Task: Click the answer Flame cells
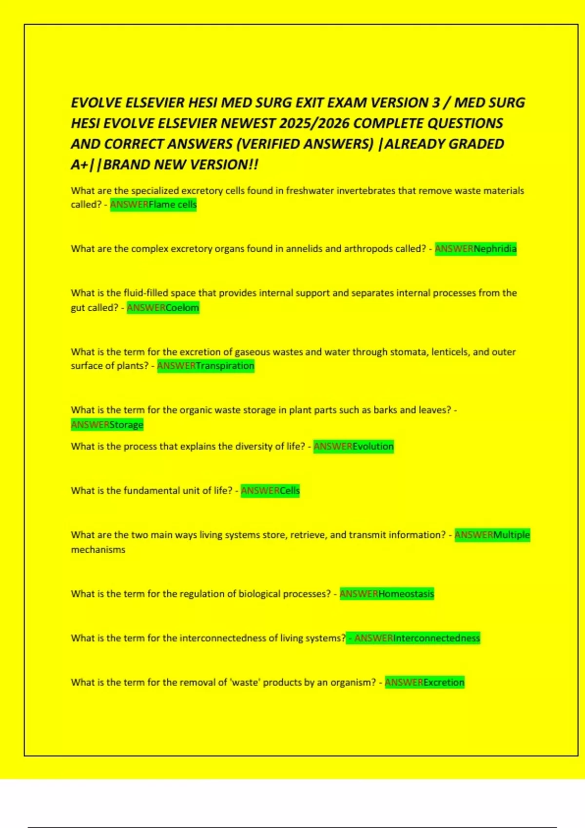point(173,205)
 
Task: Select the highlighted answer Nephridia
point(495,249)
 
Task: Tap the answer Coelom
point(182,308)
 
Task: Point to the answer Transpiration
point(225,366)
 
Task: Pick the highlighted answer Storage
point(126,425)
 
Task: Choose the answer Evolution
point(373,447)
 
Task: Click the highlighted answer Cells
point(290,491)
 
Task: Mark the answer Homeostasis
point(406,594)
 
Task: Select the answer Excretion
point(444,682)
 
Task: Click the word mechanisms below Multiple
point(98,550)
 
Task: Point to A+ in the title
point(79,165)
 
